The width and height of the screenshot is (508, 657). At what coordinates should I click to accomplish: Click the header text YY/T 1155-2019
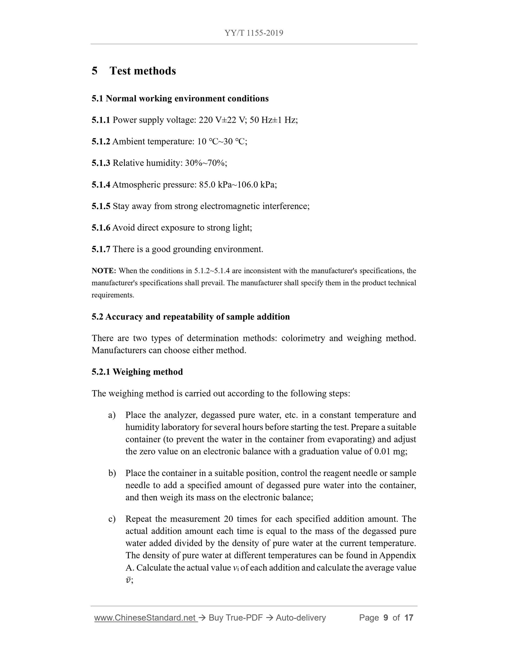254,33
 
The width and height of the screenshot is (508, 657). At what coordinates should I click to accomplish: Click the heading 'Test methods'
142,71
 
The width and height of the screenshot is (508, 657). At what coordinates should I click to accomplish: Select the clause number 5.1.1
101,120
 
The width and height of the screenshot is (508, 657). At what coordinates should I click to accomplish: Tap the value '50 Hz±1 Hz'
274,120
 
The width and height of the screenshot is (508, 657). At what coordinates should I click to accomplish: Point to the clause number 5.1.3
101,163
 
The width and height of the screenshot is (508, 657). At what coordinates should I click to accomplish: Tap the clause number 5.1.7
101,249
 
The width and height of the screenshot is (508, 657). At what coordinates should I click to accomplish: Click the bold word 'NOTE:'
104,271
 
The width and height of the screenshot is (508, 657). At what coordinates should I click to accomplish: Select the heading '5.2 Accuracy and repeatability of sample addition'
191,317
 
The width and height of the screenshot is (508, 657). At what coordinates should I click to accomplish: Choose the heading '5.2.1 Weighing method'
137,372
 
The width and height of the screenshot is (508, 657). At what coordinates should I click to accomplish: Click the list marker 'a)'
112,415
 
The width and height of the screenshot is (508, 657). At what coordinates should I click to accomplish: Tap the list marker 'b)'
112,473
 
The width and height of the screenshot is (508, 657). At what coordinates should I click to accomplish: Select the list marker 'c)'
112,519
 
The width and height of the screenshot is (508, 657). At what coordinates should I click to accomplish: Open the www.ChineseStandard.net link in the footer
145,618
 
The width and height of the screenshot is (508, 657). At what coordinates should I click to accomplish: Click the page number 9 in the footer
386,618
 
